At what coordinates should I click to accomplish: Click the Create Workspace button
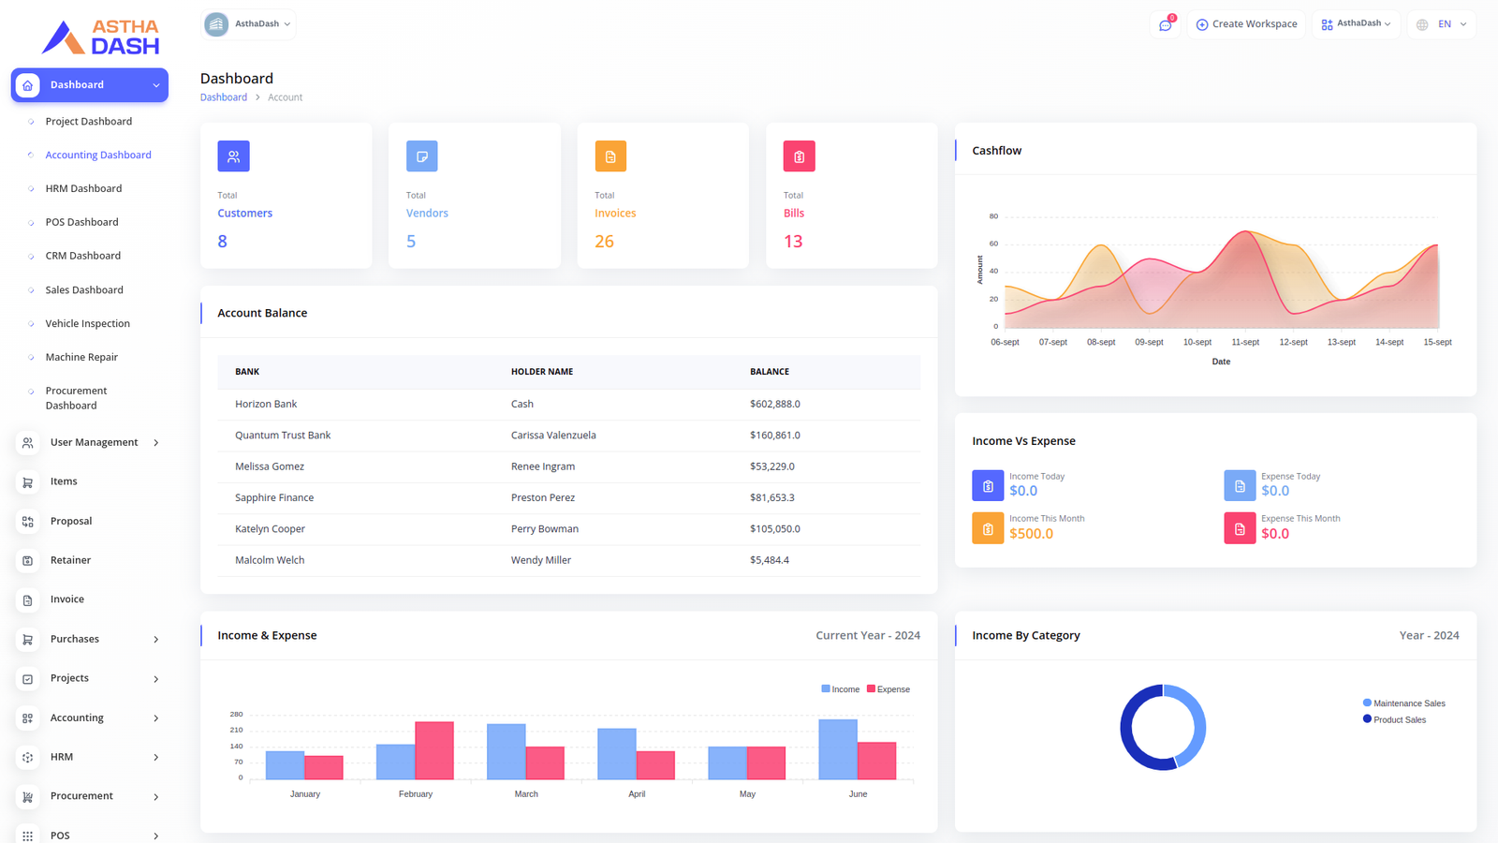click(x=1246, y=24)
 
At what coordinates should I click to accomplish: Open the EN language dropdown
click(x=1443, y=24)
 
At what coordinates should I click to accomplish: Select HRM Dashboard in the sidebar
click(x=83, y=188)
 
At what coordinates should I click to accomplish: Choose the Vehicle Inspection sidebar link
click(x=87, y=323)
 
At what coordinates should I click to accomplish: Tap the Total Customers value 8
click(x=222, y=242)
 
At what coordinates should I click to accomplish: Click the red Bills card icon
click(x=799, y=156)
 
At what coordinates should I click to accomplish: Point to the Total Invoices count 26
click(x=604, y=242)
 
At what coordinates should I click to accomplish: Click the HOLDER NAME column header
click(x=541, y=372)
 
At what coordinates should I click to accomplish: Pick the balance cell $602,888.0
click(x=774, y=404)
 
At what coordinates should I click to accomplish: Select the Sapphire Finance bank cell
click(x=273, y=497)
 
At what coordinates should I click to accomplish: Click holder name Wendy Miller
click(x=540, y=560)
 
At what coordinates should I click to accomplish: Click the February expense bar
click(x=434, y=750)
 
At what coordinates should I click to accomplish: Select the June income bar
click(x=838, y=749)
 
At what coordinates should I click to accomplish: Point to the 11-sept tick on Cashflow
click(x=1245, y=342)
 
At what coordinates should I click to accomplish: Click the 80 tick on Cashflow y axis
click(x=993, y=216)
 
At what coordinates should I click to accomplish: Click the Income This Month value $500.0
click(x=1031, y=534)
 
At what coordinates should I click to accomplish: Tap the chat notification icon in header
click(x=1165, y=25)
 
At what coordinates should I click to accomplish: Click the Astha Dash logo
click(x=100, y=37)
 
